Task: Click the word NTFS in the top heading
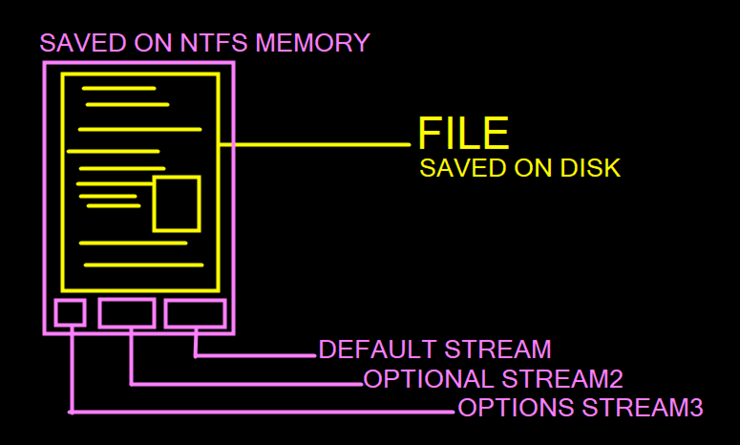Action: tap(214, 42)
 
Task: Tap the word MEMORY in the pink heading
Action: tap(313, 42)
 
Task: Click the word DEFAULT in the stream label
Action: tap(377, 349)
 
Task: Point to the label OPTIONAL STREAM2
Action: tap(493, 379)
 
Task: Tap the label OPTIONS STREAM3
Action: tap(580, 407)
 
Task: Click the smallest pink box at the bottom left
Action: tap(71, 313)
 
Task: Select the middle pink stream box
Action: tap(127, 313)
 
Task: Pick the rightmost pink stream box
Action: tap(195, 314)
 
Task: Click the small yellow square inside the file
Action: tap(177, 204)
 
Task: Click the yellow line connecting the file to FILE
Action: tap(320, 144)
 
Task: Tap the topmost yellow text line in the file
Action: tap(119, 88)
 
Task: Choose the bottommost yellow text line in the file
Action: tap(144, 265)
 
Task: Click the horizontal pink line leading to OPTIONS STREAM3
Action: tap(263, 411)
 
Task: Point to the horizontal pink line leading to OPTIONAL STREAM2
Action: tap(246, 383)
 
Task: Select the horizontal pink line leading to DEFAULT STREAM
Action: tap(255, 355)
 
